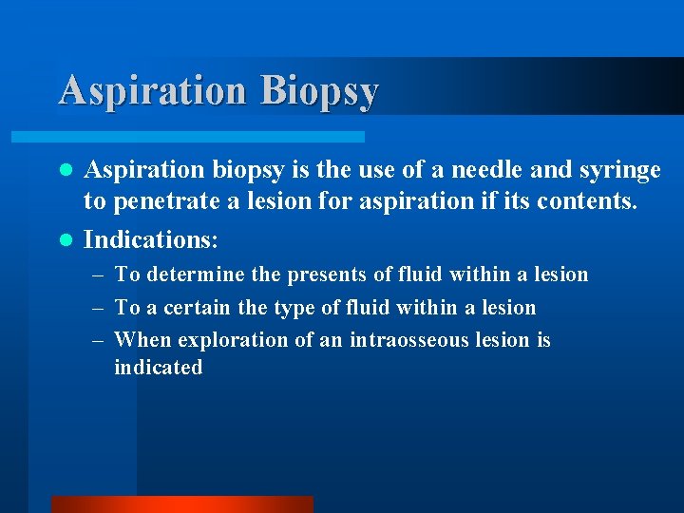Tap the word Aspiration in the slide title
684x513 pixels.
click(x=152, y=91)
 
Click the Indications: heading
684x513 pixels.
click(x=151, y=239)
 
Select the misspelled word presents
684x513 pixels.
click(x=320, y=275)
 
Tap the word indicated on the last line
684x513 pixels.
click(x=158, y=368)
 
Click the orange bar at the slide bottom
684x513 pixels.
click(x=181, y=504)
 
